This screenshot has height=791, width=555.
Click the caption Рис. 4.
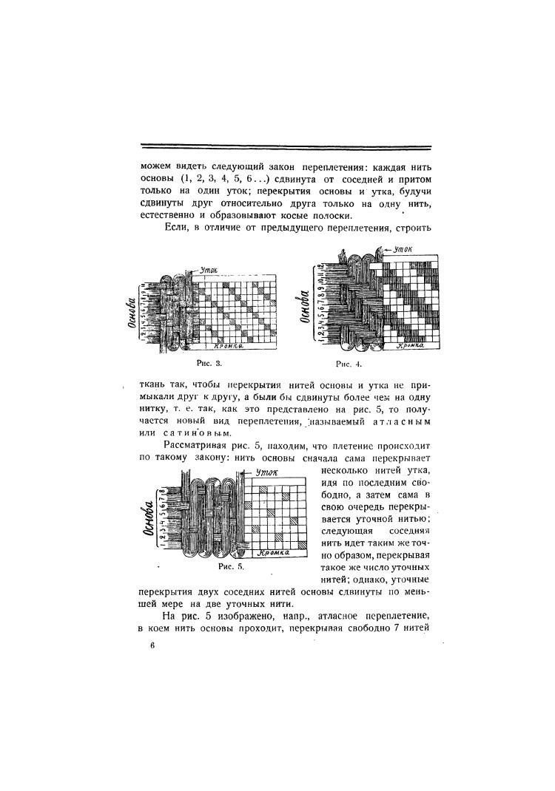coord(349,364)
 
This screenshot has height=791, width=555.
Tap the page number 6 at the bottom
coord(150,645)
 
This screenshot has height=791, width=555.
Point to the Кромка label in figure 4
coord(411,344)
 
